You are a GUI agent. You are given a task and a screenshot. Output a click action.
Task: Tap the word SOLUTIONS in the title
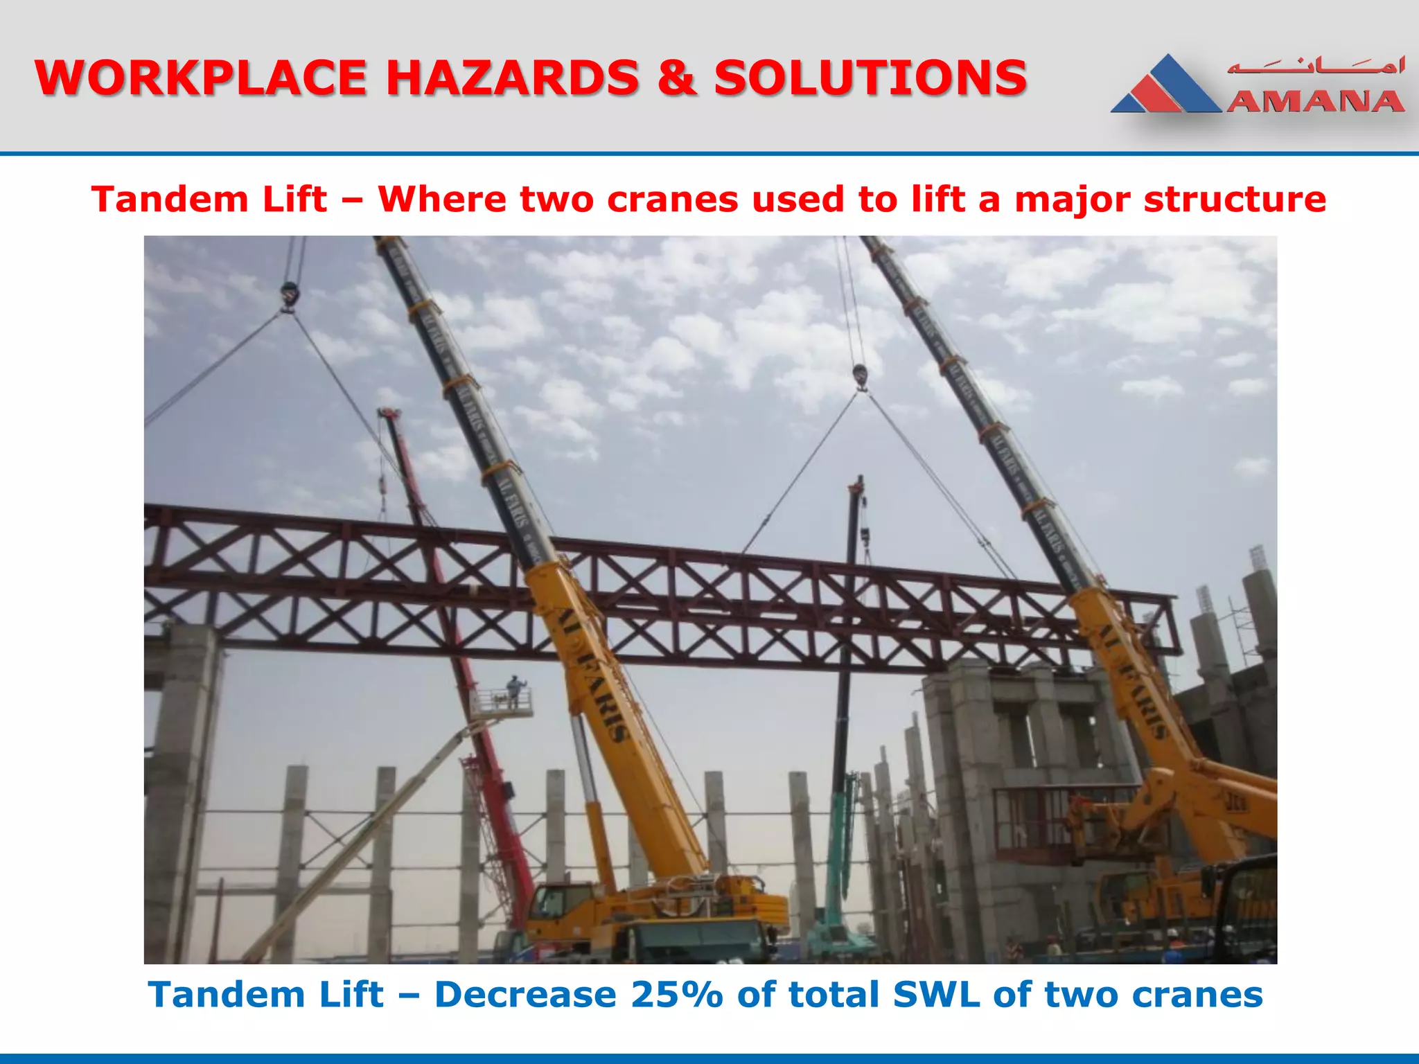[x=870, y=78]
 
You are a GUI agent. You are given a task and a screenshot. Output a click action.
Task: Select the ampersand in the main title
[x=676, y=78]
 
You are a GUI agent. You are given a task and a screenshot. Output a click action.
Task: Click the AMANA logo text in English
[x=1314, y=102]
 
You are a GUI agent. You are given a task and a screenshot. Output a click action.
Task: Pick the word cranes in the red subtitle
[x=673, y=199]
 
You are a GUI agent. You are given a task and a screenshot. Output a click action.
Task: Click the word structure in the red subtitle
[x=1234, y=199]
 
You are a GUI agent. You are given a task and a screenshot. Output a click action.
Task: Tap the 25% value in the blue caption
[x=676, y=995]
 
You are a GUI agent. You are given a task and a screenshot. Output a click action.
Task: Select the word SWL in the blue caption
[x=936, y=995]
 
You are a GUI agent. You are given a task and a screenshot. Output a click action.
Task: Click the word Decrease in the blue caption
[x=525, y=995]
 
